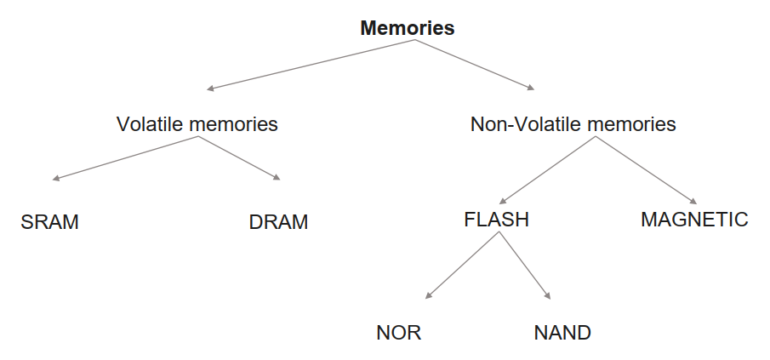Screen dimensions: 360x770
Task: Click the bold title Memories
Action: click(x=407, y=28)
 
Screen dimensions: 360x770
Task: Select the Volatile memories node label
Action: click(x=197, y=124)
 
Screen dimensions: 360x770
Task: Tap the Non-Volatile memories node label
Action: click(x=573, y=124)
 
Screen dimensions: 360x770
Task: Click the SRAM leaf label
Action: click(x=49, y=223)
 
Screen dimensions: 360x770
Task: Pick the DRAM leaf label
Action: click(x=278, y=223)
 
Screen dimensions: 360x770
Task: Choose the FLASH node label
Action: click(x=496, y=220)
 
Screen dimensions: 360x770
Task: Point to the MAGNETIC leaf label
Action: click(x=694, y=220)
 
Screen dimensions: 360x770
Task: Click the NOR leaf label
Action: click(x=398, y=332)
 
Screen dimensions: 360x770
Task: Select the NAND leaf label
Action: click(x=562, y=332)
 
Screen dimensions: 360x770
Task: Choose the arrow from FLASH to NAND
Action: click(x=523, y=266)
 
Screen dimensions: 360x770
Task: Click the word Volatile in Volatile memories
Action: click(x=151, y=124)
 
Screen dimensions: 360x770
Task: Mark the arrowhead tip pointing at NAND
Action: click(x=550, y=298)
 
